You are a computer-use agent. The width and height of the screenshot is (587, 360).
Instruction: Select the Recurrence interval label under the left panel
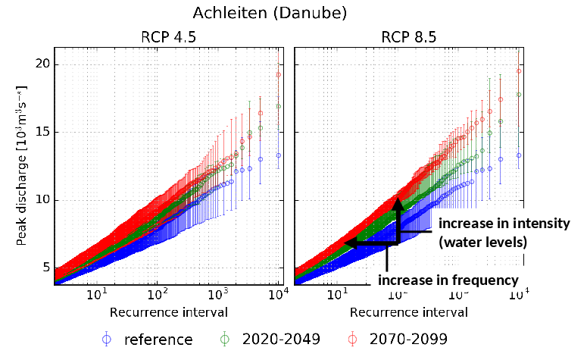(168, 311)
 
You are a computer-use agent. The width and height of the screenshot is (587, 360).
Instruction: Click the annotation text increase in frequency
(448, 280)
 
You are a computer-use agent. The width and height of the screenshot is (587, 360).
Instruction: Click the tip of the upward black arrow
(397, 199)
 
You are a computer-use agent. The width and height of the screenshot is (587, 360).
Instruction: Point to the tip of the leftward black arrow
(345, 243)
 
